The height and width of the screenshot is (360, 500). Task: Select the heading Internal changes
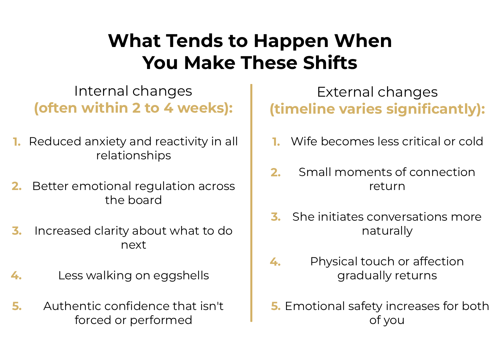pyautogui.click(x=133, y=91)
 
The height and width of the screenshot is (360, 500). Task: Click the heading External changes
pyautogui.click(x=377, y=92)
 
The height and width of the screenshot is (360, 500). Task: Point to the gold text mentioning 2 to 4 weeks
pyautogui.click(x=133, y=108)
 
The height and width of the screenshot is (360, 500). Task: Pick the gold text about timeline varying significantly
pyautogui.click(x=377, y=109)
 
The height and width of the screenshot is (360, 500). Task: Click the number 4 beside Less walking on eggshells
pyautogui.click(x=16, y=276)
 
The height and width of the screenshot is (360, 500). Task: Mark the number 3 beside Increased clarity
pyautogui.click(x=17, y=231)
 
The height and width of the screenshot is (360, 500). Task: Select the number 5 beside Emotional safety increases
pyautogui.click(x=276, y=306)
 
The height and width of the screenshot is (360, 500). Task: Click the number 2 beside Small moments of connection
pyautogui.click(x=275, y=173)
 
